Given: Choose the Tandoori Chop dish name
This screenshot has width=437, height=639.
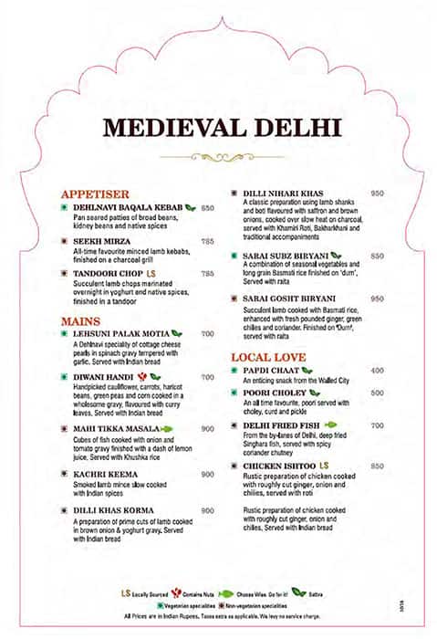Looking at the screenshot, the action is (x=107, y=273).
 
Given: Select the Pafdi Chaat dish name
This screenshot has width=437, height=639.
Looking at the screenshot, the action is (x=270, y=371).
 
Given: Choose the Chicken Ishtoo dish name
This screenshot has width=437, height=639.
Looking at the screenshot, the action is (x=279, y=466).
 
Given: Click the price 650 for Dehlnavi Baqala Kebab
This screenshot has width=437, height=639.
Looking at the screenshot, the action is (x=208, y=208).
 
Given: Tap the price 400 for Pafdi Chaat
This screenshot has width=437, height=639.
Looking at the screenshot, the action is (x=378, y=371).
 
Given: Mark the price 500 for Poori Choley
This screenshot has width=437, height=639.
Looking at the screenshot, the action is (x=378, y=393).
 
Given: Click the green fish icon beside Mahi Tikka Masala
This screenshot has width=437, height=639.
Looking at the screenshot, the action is (x=169, y=428).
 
